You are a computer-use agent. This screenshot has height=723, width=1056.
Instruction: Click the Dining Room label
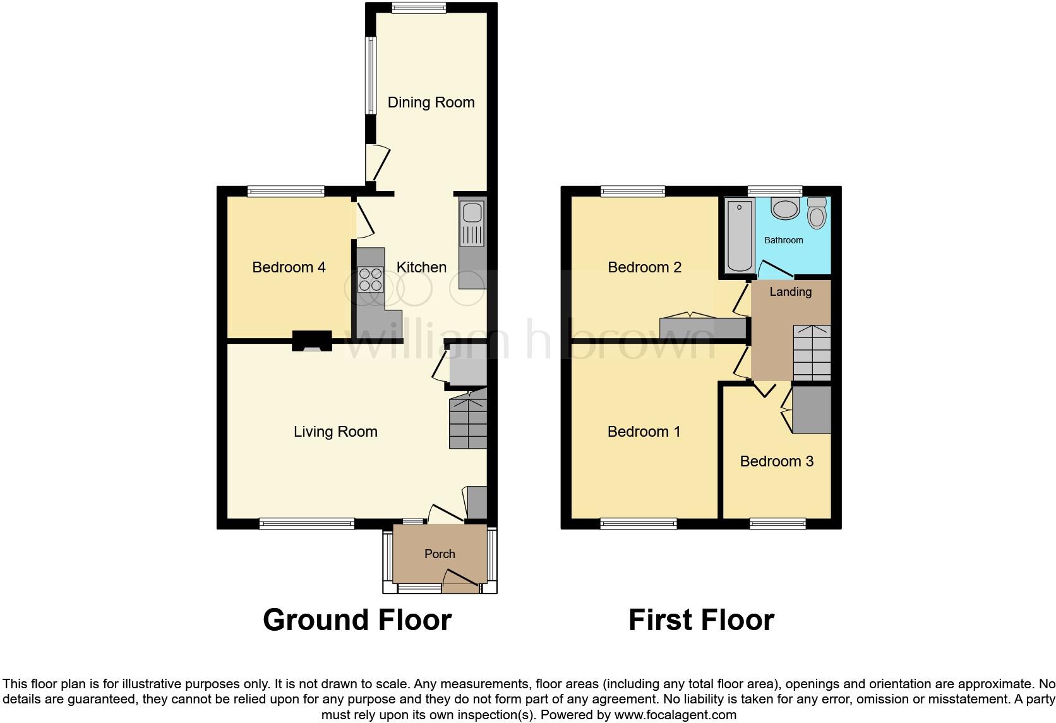pyautogui.click(x=431, y=102)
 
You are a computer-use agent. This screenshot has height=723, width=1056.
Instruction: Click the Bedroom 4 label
pyautogui.click(x=289, y=267)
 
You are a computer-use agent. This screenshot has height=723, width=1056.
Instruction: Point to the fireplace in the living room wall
pyautogui.click(x=311, y=341)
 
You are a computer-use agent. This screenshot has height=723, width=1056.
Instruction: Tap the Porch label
pyautogui.click(x=440, y=554)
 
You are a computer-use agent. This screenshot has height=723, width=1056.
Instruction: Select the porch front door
pyautogui.click(x=461, y=580)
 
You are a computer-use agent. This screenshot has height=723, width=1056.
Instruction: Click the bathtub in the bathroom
pyautogui.click(x=740, y=235)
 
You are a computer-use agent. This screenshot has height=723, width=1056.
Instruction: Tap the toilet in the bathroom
pyautogui.click(x=817, y=213)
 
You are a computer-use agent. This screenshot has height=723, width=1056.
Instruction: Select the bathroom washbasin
pyautogui.click(x=785, y=209)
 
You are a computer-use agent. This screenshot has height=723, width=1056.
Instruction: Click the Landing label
pyautogui.click(x=790, y=291)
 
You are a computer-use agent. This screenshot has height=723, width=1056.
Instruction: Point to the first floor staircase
pyautogui.click(x=812, y=353)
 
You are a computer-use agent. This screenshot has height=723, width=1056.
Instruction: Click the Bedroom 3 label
pyautogui.click(x=776, y=461)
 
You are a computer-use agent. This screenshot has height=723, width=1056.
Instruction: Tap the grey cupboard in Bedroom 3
pyautogui.click(x=812, y=410)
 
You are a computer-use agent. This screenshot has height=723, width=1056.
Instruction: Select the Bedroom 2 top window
pyautogui.click(x=633, y=190)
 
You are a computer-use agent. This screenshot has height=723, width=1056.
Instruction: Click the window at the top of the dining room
pyautogui.click(x=418, y=8)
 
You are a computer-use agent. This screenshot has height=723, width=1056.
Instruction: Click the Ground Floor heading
pyautogui.click(x=357, y=620)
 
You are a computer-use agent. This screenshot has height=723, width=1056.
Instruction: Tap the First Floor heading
pyautogui.click(x=701, y=620)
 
